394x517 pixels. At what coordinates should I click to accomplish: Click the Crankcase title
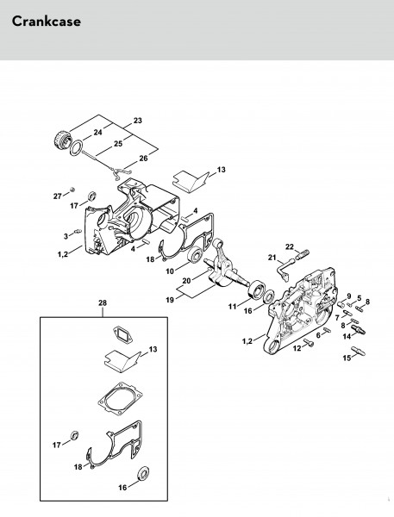(x=47, y=22)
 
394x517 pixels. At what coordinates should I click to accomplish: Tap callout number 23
(x=138, y=121)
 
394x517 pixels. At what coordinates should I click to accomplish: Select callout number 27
(x=58, y=196)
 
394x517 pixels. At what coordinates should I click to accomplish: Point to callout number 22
(x=290, y=246)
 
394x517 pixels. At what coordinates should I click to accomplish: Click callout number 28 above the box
(x=103, y=302)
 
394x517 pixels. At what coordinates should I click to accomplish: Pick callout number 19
(x=170, y=300)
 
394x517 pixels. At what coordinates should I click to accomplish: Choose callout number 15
(x=347, y=358)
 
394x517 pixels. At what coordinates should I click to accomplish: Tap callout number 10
(x=170, y=271)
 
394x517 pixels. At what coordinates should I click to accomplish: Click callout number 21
(x=272, y=258)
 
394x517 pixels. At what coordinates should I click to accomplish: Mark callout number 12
(x=297, y=348)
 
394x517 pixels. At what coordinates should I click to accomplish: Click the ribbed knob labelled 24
(x=62, y=139)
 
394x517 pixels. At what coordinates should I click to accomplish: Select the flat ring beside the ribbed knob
(x=76, y=146)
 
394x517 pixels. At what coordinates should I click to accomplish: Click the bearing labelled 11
(x=256, y=290)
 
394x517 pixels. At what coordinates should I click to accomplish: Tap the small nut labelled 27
(x=73, y=190)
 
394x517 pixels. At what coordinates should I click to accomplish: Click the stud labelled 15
(x=358, y=351)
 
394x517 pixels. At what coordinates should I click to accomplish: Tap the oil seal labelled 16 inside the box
(x=143, y=473)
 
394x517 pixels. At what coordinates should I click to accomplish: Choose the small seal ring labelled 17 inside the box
(x=75, y=435)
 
